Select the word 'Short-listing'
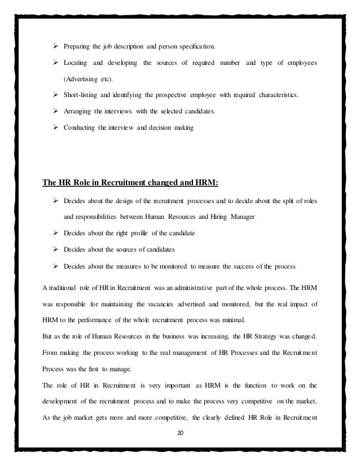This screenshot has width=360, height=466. [82, 96]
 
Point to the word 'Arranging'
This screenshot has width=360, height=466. [79, 112]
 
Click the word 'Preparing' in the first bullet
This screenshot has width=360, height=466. [80, 45]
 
